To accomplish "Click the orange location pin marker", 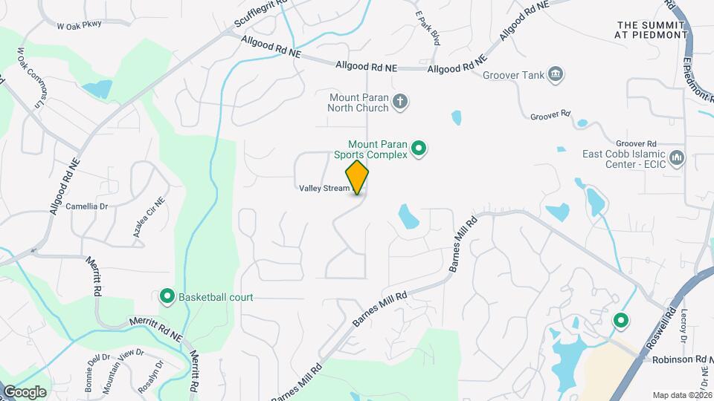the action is (x=358, y=177).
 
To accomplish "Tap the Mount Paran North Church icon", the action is (x=400, y=101).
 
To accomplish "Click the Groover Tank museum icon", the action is (x=555, y=74).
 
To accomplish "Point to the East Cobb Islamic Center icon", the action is (x=676, y=158).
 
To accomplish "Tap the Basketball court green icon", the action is (x=167, y=297).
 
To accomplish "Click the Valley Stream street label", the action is (x=324, y=189).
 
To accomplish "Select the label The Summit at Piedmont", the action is (x=652, y=30).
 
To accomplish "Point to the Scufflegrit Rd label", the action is (x=260, y=13).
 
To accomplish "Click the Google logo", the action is (x=25, y=391).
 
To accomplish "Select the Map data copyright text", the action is (x=682, y=394).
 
